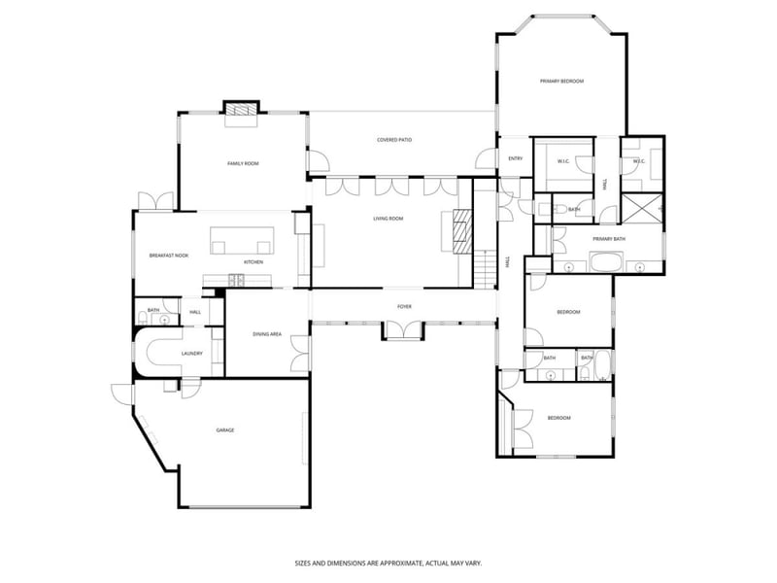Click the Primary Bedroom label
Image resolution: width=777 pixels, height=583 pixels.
[x=561, y=82]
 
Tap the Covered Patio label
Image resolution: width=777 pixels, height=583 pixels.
[x=394, y=140]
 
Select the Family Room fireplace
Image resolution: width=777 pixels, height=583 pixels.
[x=242, y=113]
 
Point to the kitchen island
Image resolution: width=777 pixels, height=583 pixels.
[x=242, y=239]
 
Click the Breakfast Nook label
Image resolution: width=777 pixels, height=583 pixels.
[x=168, y=256]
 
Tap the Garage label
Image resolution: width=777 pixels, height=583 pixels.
[x=224, y=429]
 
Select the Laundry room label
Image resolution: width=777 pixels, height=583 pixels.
[x=191, y=354]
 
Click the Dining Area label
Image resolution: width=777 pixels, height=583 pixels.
[x=267, y=334]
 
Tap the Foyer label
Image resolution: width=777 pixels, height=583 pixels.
[x=404, y=307]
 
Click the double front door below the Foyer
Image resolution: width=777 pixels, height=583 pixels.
[x=403, y=330]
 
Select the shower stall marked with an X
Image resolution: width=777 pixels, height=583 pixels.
[x=642, y=208]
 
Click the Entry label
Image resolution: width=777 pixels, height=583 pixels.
[x=515, y=159]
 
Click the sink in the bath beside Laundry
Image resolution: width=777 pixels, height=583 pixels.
[x=166, y=318]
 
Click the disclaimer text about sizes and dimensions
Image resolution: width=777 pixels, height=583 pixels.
[x=388, y=563]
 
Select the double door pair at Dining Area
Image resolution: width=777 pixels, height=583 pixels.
[x=301, y=352]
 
